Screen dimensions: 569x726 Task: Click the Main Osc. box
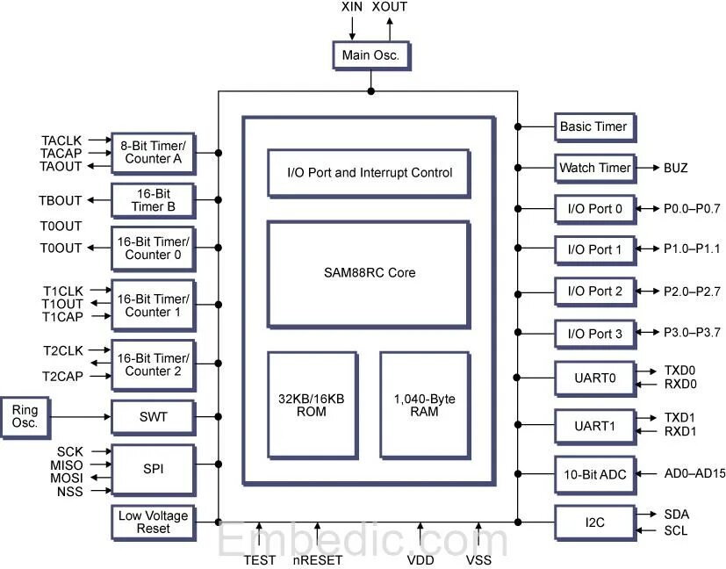click(370, 55)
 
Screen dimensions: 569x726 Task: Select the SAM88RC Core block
click(368, 272)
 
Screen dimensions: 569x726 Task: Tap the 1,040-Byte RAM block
click(424, 405)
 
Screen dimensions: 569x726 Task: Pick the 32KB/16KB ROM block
click(312, 405)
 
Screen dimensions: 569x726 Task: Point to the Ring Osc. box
click(25, 416)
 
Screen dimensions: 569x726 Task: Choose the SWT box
click(153, 416)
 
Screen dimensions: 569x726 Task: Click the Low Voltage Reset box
click(153, 522)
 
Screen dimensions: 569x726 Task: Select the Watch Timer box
click(594, 168)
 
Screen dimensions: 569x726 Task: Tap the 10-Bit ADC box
click(594, 474)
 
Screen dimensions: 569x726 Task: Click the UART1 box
click(594, 426)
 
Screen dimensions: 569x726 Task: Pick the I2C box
click(594, 522)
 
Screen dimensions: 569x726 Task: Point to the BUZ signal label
click(676, 168)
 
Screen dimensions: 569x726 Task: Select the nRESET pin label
click(317, 559)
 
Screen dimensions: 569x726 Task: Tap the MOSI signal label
click(66, 478)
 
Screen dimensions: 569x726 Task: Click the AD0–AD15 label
click(694, 474)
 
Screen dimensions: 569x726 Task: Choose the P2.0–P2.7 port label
click(691, 291)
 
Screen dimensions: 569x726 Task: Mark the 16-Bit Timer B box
click(153, 201)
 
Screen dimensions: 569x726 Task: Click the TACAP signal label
click(61, 154)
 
